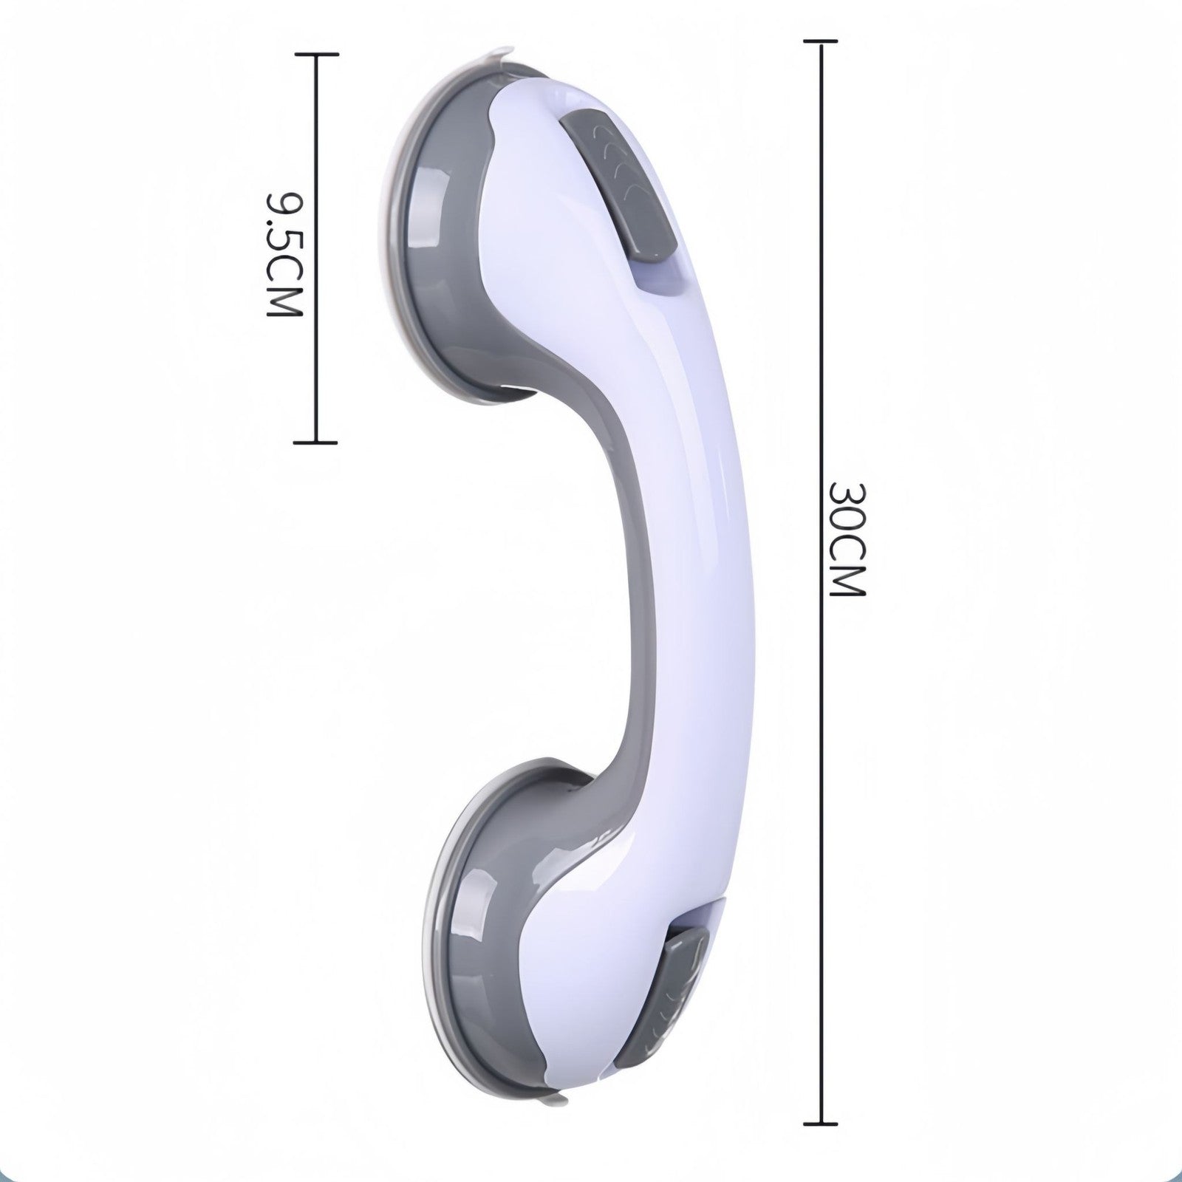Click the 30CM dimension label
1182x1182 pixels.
pyautogui.click(x=845, y=539)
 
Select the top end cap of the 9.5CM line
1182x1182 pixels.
pyautogui.click(x=316, y=55)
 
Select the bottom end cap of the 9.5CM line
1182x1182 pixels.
pyautogui.click(x=315, y=443)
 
